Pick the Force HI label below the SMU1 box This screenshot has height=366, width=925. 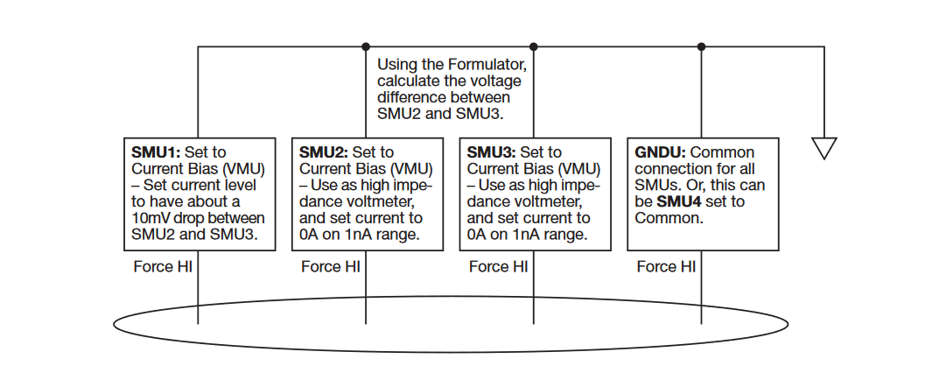(x=163, y=266)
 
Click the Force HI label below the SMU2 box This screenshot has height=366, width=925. (x=331, y=266)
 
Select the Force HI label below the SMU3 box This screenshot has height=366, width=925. (x=499, y=266)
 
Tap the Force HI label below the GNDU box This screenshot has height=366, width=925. (x=667, y=266)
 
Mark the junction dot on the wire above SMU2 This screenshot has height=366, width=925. (x=365, y=46)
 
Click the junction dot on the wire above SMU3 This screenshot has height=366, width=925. (x=533, y=46)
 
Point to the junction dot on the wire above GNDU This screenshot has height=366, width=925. (x=701, y=46)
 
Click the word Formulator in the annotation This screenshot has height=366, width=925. (x=482, y=65)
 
